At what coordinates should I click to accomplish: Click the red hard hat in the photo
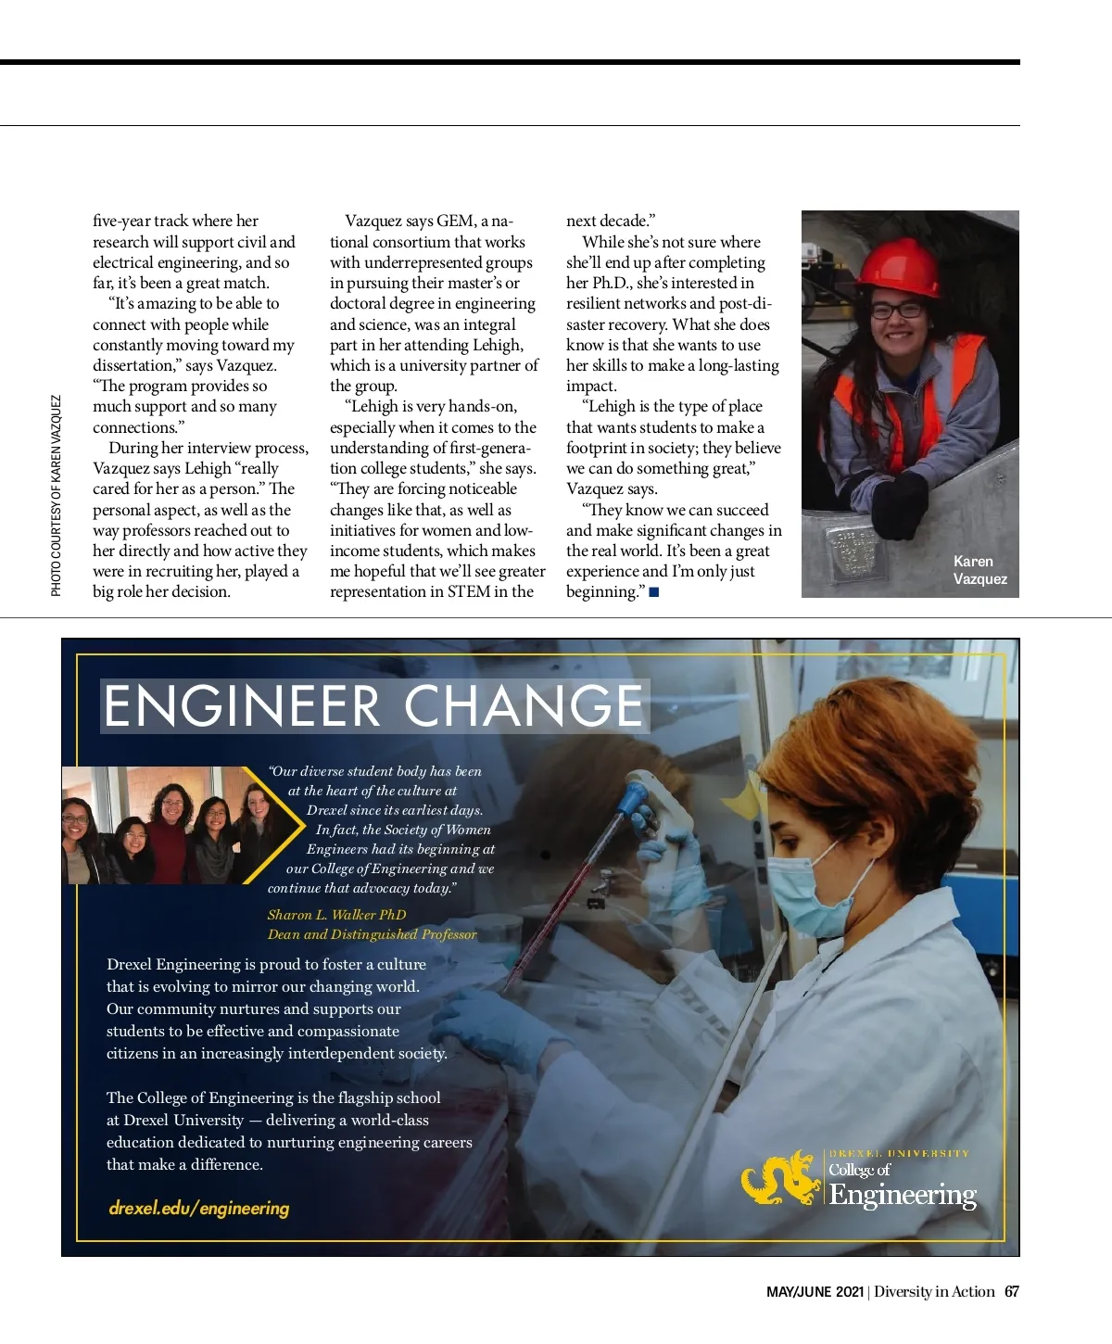(x=898, y=264)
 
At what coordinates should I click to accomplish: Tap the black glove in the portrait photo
(x=898, y=505)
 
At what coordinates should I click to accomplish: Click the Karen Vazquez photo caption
(x=979, y=570)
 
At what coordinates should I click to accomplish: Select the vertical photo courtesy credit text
(x=57, y=496)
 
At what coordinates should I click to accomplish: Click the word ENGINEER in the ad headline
(x=242, y=706)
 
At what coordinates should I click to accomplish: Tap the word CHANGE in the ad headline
(x=524, y=706)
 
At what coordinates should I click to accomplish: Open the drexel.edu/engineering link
(x=199, y=1209)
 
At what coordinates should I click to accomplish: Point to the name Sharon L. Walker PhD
(x=336, y=915)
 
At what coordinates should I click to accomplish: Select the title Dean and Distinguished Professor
(x=372, y=934)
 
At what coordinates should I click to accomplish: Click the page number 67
(x=1012, y=1292)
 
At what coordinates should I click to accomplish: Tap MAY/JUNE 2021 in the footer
(x=815, y=1292)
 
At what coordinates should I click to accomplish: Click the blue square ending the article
(x=654, y=592)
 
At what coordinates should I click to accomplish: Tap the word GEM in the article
(x=455, y=222)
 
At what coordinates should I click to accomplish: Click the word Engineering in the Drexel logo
(x=903, y=1195)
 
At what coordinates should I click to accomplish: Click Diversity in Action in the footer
(x=934, y=1292)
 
